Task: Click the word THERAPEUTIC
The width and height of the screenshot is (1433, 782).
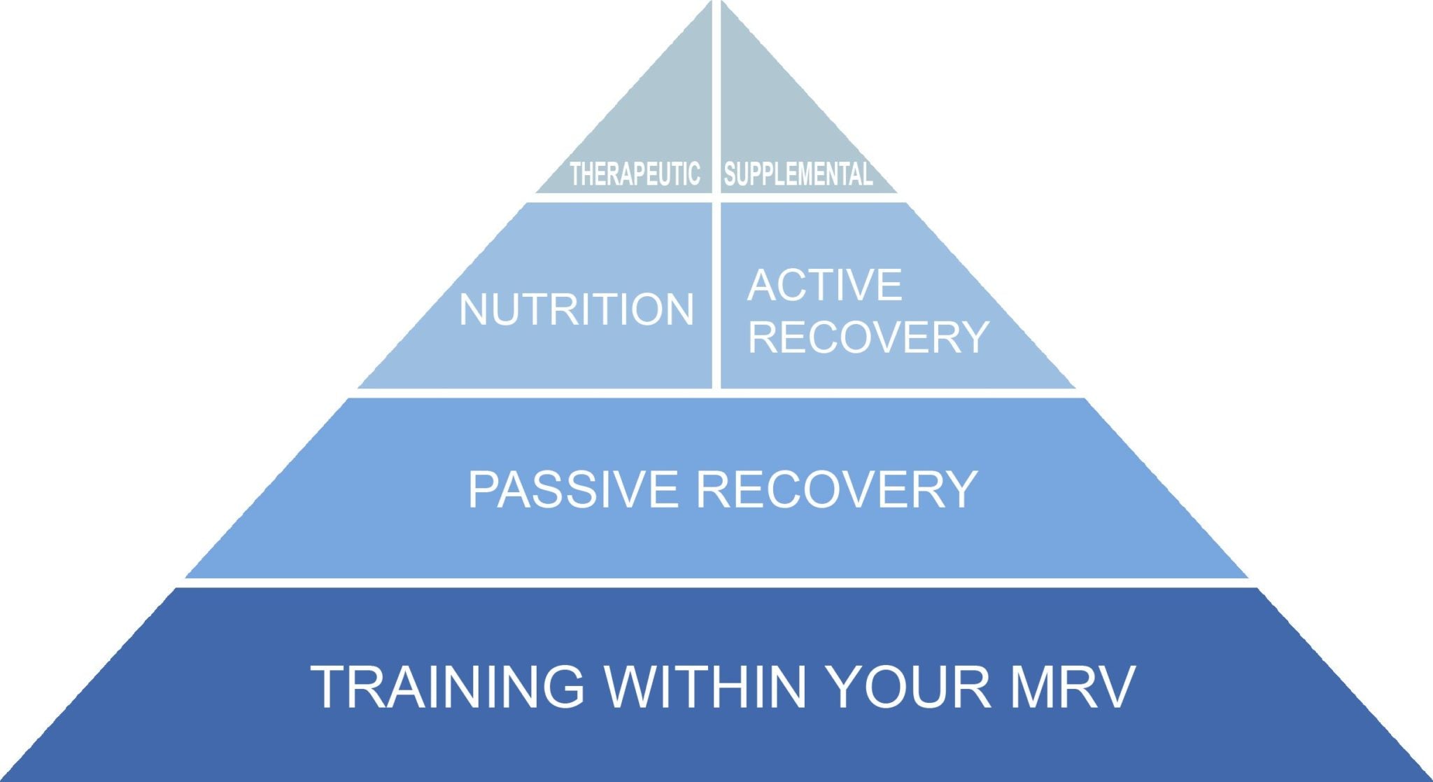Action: [x=635, y=174]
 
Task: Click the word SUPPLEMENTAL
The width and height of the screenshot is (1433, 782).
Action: [x=798, y=174]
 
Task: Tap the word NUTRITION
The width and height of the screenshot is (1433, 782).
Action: [x=576, y=309]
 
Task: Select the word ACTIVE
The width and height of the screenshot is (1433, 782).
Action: [x=825, y=284]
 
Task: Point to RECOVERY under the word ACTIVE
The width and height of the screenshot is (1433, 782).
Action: [x=868, y=337]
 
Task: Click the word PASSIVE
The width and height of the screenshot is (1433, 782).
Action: [x=573, y=489]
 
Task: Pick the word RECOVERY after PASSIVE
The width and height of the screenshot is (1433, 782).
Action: [x=837, y=489]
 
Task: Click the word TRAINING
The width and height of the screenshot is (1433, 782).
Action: [x=448, y=687]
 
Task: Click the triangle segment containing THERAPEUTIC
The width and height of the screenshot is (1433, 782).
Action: [x=658, y=119]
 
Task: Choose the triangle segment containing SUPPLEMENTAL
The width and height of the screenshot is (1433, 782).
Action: [x=770, y=119]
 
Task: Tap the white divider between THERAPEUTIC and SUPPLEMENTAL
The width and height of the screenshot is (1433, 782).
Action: [x=716, y=105]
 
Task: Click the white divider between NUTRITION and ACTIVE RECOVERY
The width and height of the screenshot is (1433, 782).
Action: [x=716, y=294]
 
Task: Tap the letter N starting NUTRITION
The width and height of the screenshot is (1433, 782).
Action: [x=473, y=309]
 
